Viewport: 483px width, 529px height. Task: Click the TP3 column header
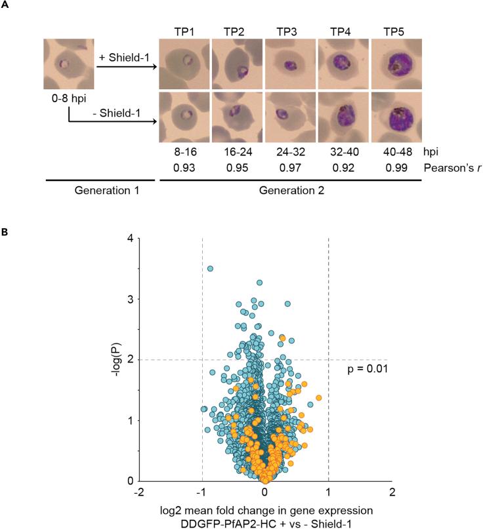coord(290,30)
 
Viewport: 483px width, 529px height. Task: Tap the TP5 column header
coord(396,30)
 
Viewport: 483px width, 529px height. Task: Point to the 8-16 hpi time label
coord(184,151)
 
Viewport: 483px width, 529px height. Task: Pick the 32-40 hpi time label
coord(343,151)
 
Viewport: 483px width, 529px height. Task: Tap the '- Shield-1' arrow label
coord(128,110)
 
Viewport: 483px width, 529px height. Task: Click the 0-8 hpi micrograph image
coord(69,64)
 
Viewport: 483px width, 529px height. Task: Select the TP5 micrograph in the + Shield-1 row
coord(396,64)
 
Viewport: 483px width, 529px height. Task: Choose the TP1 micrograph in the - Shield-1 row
coord(184,117)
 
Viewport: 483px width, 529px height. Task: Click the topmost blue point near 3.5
coord(210,269)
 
